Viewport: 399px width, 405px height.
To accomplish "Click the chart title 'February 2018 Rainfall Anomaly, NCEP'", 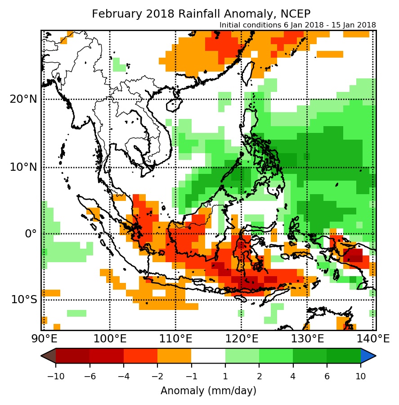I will (x=201, y=14).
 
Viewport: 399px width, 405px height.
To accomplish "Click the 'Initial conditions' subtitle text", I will (x=298, y=25).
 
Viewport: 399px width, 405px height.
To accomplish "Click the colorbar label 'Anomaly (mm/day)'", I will (x=208, y=391).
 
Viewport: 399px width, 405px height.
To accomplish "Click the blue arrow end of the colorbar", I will (x=368, y=356).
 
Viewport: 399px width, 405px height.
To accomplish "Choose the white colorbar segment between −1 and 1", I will (x=208, y=356).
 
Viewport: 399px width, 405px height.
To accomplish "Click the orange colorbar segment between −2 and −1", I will (x=174, y=356).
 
